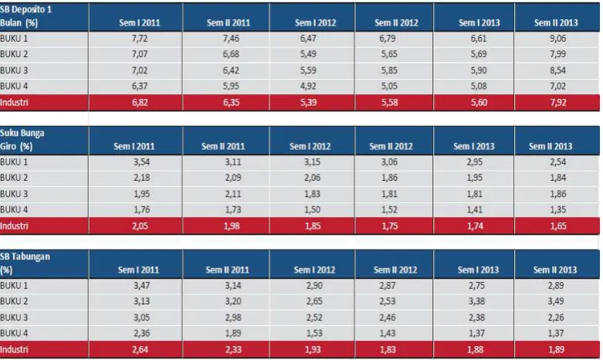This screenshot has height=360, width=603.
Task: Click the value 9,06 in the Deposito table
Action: tap(557, 39)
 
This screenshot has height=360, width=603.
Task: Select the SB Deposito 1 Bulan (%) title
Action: tap(25, 15)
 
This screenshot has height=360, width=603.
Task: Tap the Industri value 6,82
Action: tap(140, 102)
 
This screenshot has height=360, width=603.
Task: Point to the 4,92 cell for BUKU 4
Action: tap(308, 86)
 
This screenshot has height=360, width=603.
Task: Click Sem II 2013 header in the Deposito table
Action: tap(556, 22)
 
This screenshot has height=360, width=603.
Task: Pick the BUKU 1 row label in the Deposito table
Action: tap(14, 39)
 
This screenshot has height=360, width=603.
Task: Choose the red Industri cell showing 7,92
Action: tap(558, 102)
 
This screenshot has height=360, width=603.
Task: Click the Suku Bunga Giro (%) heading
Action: tap(22, 140)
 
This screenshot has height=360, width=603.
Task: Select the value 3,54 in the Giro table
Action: tap(141, 162)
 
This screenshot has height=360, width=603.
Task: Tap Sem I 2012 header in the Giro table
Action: tap(310, 146)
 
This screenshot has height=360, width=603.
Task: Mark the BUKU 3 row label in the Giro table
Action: tap(14, 194)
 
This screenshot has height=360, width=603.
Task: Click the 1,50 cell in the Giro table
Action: tap(312, 209)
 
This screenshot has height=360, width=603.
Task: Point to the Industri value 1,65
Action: tap(558, 226)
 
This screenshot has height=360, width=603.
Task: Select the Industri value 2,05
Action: tap(140, 226)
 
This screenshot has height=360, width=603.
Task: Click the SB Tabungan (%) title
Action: tap(25, 263)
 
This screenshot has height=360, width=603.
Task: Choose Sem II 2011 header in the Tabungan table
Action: tap(227, 270)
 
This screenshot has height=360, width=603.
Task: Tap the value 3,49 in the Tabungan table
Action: tap(556, 301)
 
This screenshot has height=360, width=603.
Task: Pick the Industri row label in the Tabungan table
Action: tap(14, 349)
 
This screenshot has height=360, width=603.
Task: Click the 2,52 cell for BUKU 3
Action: tap(314, 318)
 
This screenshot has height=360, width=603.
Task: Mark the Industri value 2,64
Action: tap(140, 349)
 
